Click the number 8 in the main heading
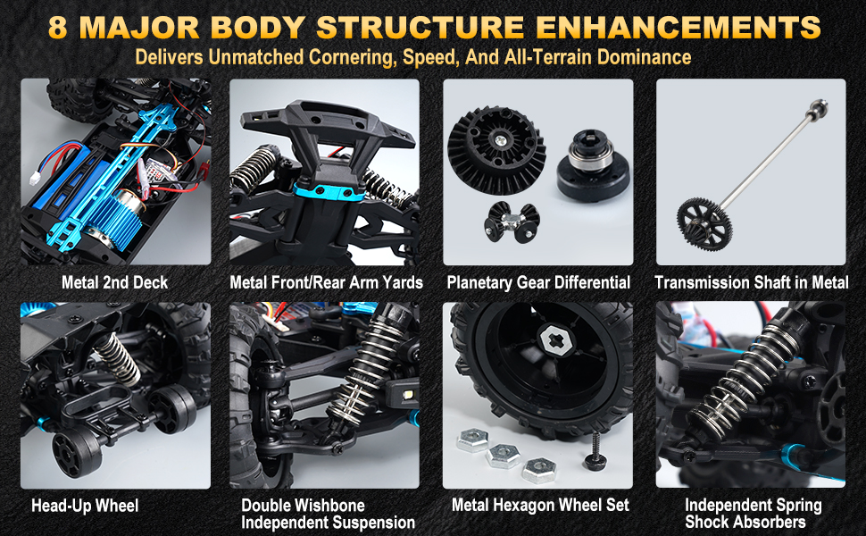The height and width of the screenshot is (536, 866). point(58,28)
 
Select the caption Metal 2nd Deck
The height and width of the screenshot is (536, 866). point(114,282)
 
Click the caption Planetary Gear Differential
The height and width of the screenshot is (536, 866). point(538,283)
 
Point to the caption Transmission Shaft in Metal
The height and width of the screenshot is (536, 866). point(751,282)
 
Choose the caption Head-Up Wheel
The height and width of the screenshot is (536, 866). point(85,506)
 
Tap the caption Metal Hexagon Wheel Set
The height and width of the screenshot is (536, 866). point(540,505)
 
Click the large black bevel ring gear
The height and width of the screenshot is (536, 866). point(496,150)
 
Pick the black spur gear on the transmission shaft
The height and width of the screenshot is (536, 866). point(704,224)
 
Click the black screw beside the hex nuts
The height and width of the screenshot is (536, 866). point(595,452)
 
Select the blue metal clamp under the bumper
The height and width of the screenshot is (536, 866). point(329,192)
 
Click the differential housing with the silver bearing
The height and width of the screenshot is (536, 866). point(592,164)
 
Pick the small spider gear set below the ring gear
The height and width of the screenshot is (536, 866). point(512,222)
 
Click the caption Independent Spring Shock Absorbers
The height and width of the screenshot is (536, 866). point(753,514)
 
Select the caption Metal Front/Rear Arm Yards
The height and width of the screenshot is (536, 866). point(326,282)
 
